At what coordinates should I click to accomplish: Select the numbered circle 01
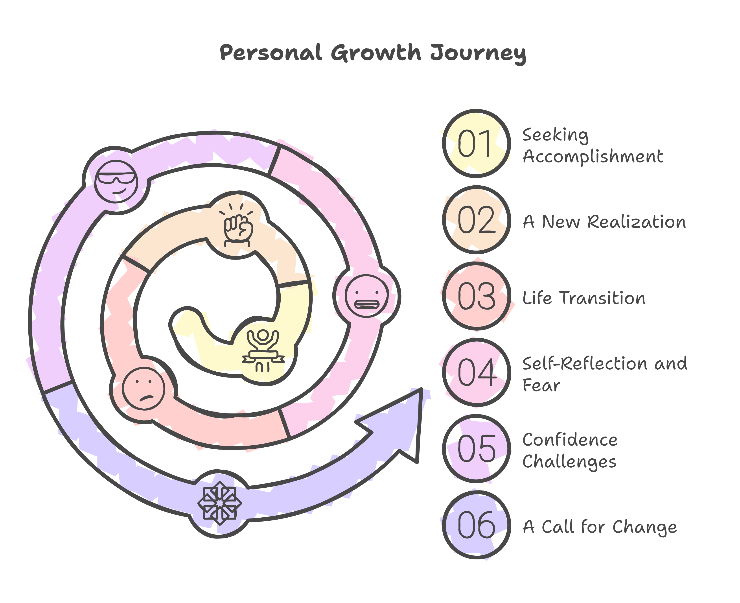pyautogui.click(x=477, y=144)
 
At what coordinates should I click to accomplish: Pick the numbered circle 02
pyautogui.click(x=477, y=220)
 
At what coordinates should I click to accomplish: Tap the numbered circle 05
pyautogui.click(x=477, y=449)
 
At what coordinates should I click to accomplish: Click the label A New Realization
pyautogui.click(x=604, y=222)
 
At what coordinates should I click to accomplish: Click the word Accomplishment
pyautogui.click(x=593, y=157)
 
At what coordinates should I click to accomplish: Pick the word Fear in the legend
pyautogui.click(x=541, y=385)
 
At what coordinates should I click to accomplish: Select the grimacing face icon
pyautogui.click(x=367, y=296)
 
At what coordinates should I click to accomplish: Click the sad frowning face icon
pyautogui.click(x=144, y=389)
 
